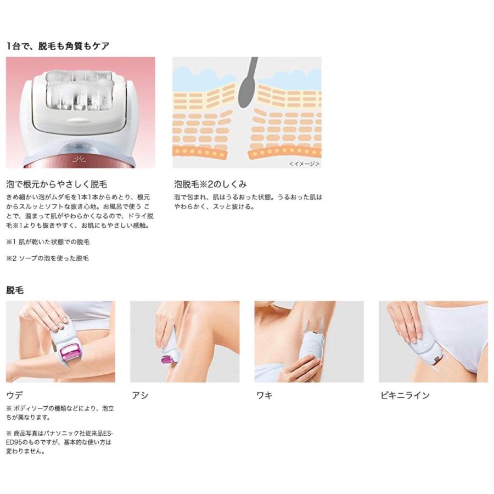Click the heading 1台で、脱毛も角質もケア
58,46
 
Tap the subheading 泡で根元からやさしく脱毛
57,184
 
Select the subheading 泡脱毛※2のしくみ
210,184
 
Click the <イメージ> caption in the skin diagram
304,163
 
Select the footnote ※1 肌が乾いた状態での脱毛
48,242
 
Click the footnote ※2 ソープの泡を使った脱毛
47,258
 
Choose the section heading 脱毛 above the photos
15,290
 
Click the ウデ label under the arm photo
14,395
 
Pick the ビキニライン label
405,395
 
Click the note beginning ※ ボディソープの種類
60,413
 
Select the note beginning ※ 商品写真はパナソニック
60,442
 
